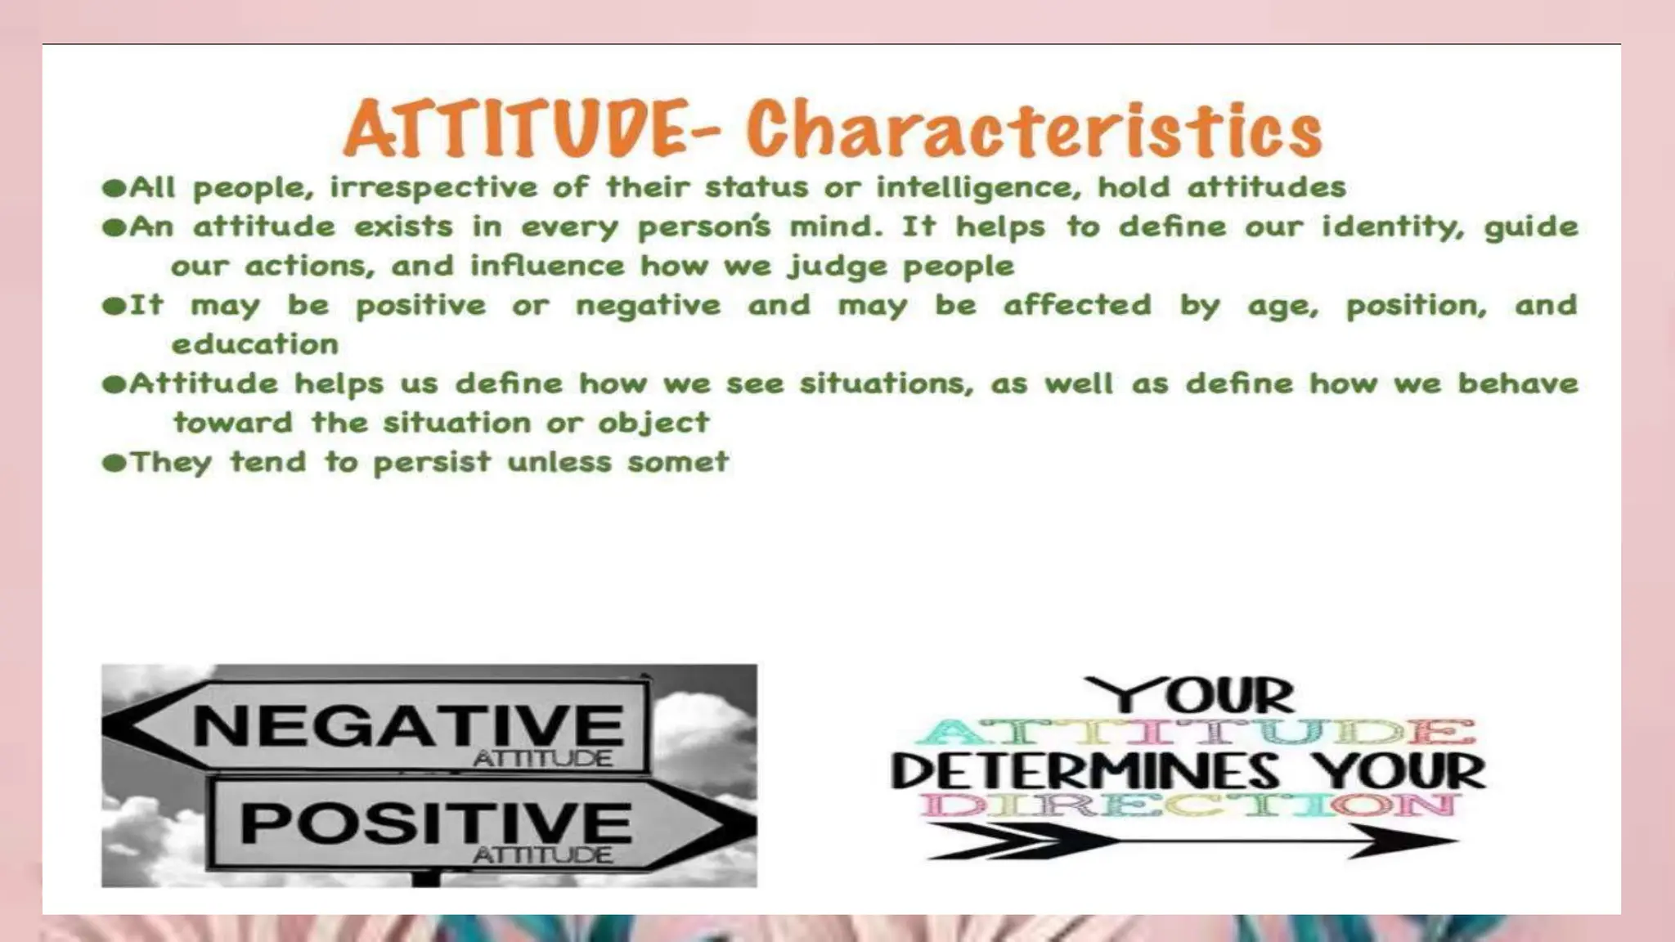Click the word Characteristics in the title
(1034, 129)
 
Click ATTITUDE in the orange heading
(514, 129)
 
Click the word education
(255, 344)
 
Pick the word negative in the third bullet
(648, 306)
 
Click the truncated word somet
(677, 462)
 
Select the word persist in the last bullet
(432, 463)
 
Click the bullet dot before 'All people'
(114, 188)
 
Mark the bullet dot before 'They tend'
(114, 463)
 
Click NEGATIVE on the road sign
(408, 724)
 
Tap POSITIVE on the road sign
(435, 822)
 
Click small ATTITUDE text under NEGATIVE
(542, 759)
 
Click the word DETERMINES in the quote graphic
(1084, 772)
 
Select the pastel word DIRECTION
(1190, 805)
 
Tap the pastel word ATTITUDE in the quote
(1196, 731)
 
